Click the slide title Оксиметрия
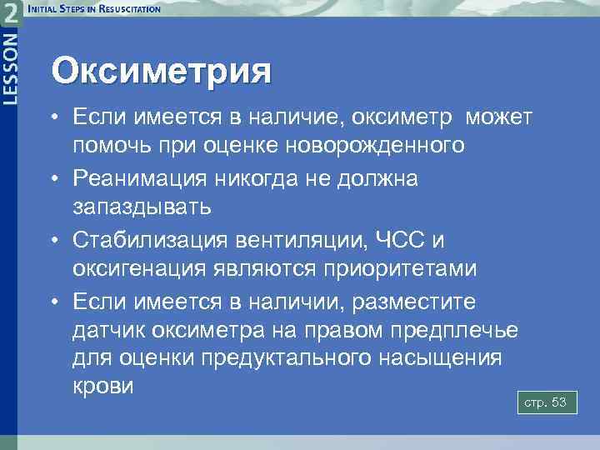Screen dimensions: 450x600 pos(161,70)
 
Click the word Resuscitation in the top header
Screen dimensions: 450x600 pos(127,9)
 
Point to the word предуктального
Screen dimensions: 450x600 pos(282,360)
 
